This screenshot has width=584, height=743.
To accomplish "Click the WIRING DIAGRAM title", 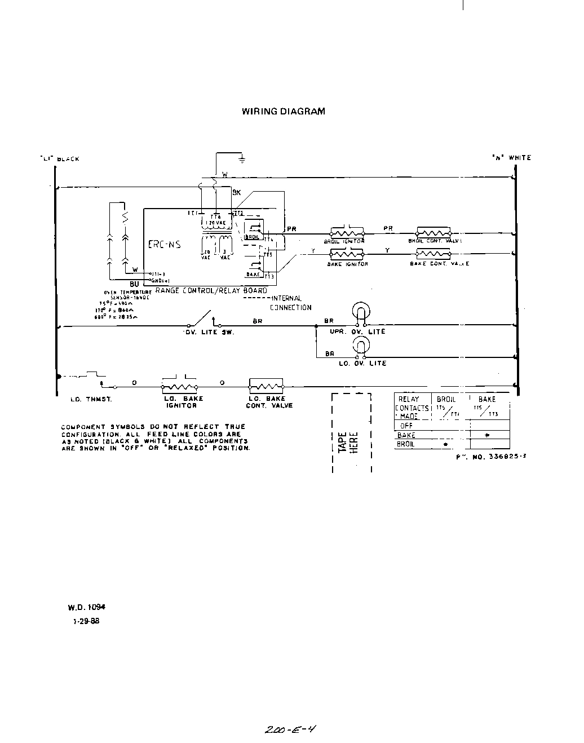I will tap(283, 111).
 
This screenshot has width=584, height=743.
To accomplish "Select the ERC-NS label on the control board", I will tap(164, 245).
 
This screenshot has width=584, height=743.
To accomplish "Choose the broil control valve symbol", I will tap(433, 232).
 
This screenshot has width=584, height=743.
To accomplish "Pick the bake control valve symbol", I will tap(433, 254).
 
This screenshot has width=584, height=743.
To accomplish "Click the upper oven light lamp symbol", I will tap(360, 312).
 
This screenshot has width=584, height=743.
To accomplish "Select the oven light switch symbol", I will tap(201, 319).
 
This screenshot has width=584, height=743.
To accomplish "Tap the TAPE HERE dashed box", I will tap(352, 432).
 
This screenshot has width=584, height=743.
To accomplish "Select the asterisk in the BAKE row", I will tap(487, 436).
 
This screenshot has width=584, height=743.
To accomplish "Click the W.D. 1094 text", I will tap(86, 607).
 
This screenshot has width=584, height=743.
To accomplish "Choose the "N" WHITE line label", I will tap(511, 158).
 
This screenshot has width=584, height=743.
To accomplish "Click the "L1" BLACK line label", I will tap(60, 159).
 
